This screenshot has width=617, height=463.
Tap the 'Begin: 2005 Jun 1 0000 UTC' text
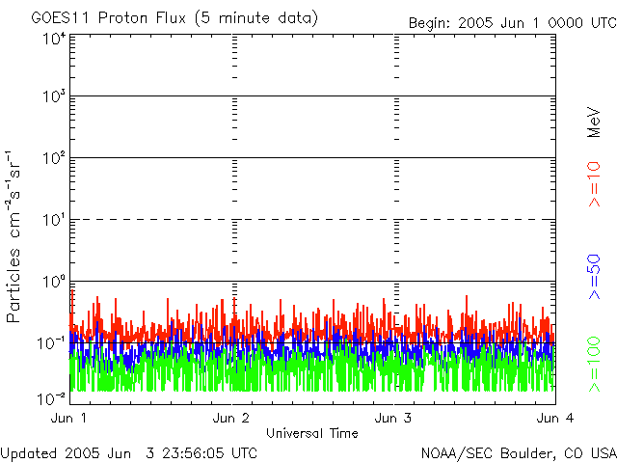pyautogui.click(x=511, y=22)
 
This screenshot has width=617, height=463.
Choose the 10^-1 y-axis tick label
pyautogui.click(x=52, y=343)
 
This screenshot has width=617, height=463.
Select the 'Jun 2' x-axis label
pyautogui.click(x=231, y=418)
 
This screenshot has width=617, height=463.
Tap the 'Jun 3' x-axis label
pyautogui.click(x=393, y=418)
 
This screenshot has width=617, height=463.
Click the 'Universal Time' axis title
pyautogui.click(x=311, y=433)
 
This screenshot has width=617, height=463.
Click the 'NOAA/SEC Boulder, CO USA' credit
pyautogui.click(x=518, y=452)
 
